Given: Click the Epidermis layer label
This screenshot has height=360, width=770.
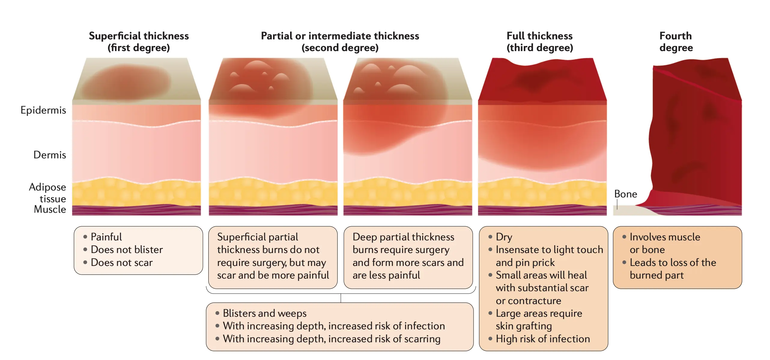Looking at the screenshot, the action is pos(43,110).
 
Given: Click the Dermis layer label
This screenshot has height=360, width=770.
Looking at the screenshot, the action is pos(50,155).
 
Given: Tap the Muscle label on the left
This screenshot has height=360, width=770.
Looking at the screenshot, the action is pos(50,209).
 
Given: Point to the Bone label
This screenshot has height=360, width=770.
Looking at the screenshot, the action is pos(626,194).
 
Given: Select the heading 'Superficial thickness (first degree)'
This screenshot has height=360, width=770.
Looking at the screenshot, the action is pos(139,42).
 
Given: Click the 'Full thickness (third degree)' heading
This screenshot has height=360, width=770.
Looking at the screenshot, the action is pos(540,42).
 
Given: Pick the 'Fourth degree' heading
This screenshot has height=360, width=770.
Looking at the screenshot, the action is pos(676,42).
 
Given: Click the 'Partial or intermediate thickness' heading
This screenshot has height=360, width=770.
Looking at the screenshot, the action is pos(340,36).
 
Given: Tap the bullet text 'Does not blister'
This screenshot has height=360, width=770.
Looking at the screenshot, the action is pos(127,250).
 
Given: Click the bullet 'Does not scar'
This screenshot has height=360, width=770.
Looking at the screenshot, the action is pos(122,263).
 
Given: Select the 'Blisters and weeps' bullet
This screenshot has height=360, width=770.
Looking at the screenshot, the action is pos(265,313).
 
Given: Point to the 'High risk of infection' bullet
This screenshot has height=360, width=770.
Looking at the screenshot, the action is pos(543,339).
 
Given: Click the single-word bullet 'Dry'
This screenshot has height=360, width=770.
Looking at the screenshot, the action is pos(504,237).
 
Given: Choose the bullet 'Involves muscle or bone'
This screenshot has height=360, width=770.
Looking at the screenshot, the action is pos(665,243).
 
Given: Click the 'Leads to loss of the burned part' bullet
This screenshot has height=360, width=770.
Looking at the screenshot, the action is pos(673,269).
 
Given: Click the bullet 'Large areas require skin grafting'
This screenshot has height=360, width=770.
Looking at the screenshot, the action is pos(539,320).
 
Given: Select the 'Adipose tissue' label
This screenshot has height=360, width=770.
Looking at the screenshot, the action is pos(47,193).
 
